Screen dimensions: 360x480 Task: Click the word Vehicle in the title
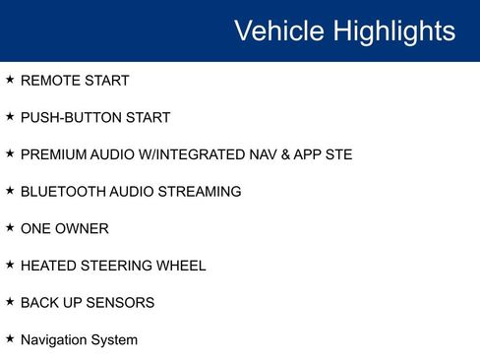tap(278, 30)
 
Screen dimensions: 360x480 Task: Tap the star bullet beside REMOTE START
tap(10, 79)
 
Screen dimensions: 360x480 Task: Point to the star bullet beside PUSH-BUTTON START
tap(10, 116)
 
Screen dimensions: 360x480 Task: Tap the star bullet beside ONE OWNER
tap(10, 227)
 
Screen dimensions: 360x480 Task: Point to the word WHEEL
tap(180, 266)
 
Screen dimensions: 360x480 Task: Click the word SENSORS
tap(120, 303)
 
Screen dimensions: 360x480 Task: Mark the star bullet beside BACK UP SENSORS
tap(10, 301)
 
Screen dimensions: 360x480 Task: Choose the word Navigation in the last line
tap(54, 340)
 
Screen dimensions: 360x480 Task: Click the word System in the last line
tap(115, 340)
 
